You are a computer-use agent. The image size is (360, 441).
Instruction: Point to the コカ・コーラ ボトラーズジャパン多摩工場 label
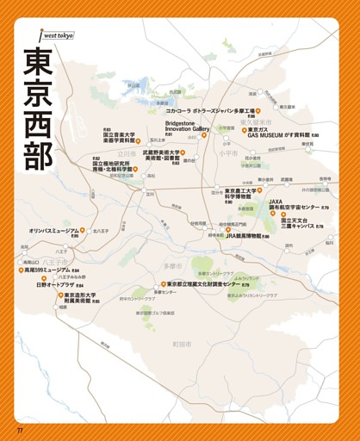click(210, 111)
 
